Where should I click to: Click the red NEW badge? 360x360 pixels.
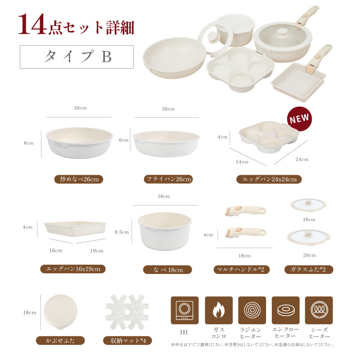coord(299,119)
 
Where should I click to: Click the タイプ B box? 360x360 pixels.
coord(77,57)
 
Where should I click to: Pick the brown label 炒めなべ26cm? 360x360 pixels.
coord(79,179)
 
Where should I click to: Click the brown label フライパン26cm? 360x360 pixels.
coord(168,179)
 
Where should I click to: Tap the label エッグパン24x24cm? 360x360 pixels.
coord(269,179)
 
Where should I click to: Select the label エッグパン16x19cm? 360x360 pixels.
coord(73,269)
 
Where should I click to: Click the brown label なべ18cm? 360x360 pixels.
coord(167,270)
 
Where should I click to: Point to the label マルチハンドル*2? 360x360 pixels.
coord(242,269)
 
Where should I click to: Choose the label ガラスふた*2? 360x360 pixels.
coord(309,269)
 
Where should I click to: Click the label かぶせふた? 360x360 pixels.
coord(60,340)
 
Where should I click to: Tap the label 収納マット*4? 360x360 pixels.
coord(127,340)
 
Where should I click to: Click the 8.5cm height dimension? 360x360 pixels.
coord(122,232)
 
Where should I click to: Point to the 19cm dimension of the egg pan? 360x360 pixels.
coord(97,251)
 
